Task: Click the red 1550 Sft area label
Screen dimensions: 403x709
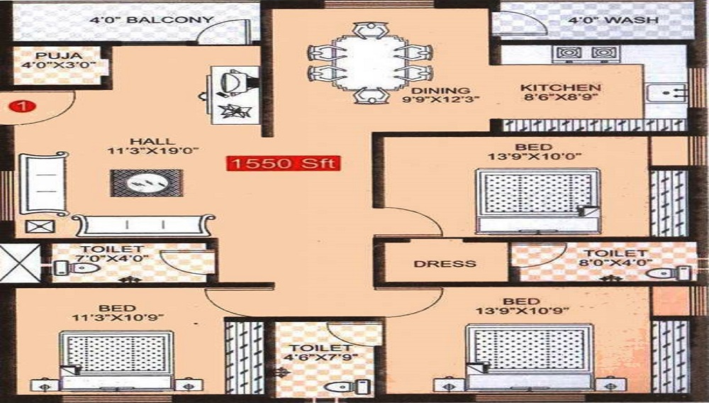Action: tap(284, 163)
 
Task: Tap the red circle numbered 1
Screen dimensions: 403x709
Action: tap(23, 107)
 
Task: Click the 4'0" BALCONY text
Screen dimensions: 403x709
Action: tap(151, 20)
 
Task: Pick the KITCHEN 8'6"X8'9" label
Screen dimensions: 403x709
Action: tap(560, 94)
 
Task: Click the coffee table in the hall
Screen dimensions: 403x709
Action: tap(145, 182)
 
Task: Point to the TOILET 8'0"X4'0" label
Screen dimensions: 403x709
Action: tap(613, 258)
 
